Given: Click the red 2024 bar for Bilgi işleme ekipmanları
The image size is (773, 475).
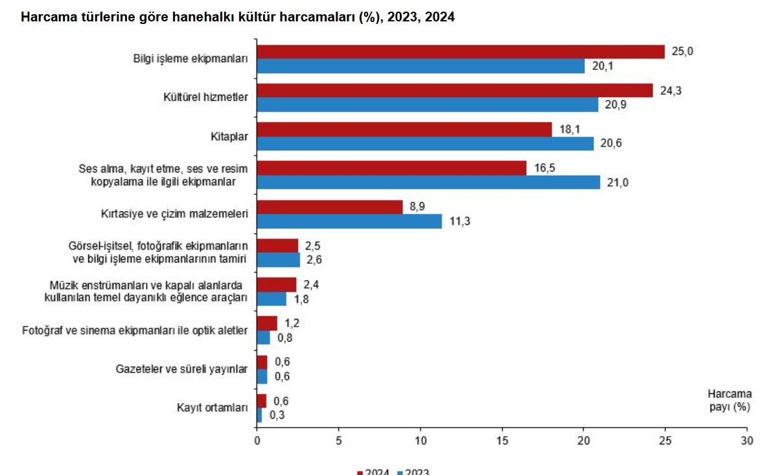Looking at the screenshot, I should tap(461, 52).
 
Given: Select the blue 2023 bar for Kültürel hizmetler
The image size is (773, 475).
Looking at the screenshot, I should tap(428, 105).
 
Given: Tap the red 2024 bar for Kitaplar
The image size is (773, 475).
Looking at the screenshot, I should tap(404, 129).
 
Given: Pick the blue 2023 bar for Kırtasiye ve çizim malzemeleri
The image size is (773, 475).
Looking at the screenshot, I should tap(349, 222).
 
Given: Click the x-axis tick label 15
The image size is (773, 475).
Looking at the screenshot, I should tap(502, 441).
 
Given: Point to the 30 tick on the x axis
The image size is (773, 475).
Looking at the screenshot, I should tap(747, 441).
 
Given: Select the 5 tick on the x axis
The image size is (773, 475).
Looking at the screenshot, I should tap(338, 441).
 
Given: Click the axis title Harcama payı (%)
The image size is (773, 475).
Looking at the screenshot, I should tap(730, 400).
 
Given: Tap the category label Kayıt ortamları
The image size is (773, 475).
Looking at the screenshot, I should tap(213, 408).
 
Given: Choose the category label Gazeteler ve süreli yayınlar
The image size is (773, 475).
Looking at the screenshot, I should tap(182, 369).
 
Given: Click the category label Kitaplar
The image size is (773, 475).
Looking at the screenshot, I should tap(230, 136).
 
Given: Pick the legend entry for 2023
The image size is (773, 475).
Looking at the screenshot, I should tap(413, 472).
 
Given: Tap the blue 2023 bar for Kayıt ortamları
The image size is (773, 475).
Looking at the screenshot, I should tap(259, 415).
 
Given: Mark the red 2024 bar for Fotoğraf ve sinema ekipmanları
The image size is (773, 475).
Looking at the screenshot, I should tap(267, 323).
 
